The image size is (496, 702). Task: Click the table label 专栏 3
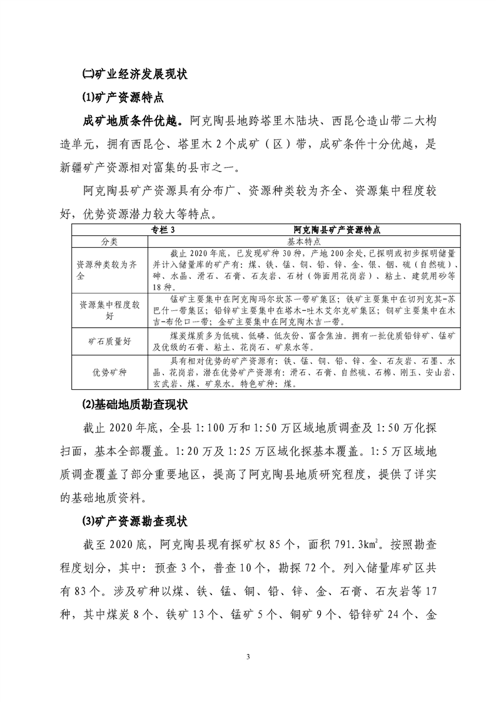(163, 230)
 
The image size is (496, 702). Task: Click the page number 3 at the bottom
(248, 656)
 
